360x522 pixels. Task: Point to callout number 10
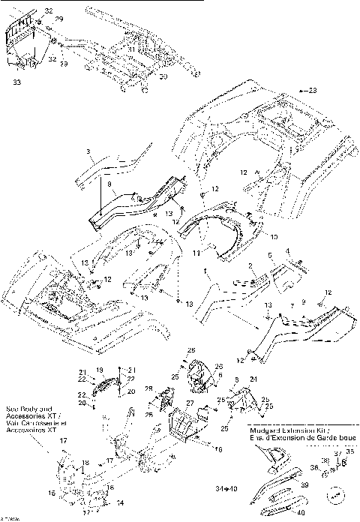pyautogui.click(x=274, y=236)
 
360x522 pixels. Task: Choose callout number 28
pyautogui.click(x=148, y=388)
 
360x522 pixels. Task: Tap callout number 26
pyautogui.click(x=219, y=367)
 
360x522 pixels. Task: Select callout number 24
pyautogui.click(x=253, y=379)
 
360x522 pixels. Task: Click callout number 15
pyautogui.click(x=52, y=493)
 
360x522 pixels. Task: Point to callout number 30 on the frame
pyautogui.click(x=163, y=76)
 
